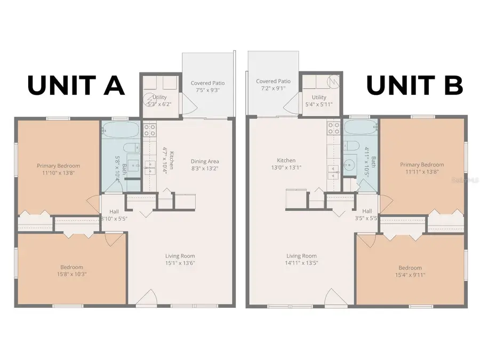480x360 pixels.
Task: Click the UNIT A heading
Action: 76,85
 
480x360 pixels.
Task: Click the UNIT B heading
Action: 414,85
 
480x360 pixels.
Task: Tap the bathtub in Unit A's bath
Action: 121,129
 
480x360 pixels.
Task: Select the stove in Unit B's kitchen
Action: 333,128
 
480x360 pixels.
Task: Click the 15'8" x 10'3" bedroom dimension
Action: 71,274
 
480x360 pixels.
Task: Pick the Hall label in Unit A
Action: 114,211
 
